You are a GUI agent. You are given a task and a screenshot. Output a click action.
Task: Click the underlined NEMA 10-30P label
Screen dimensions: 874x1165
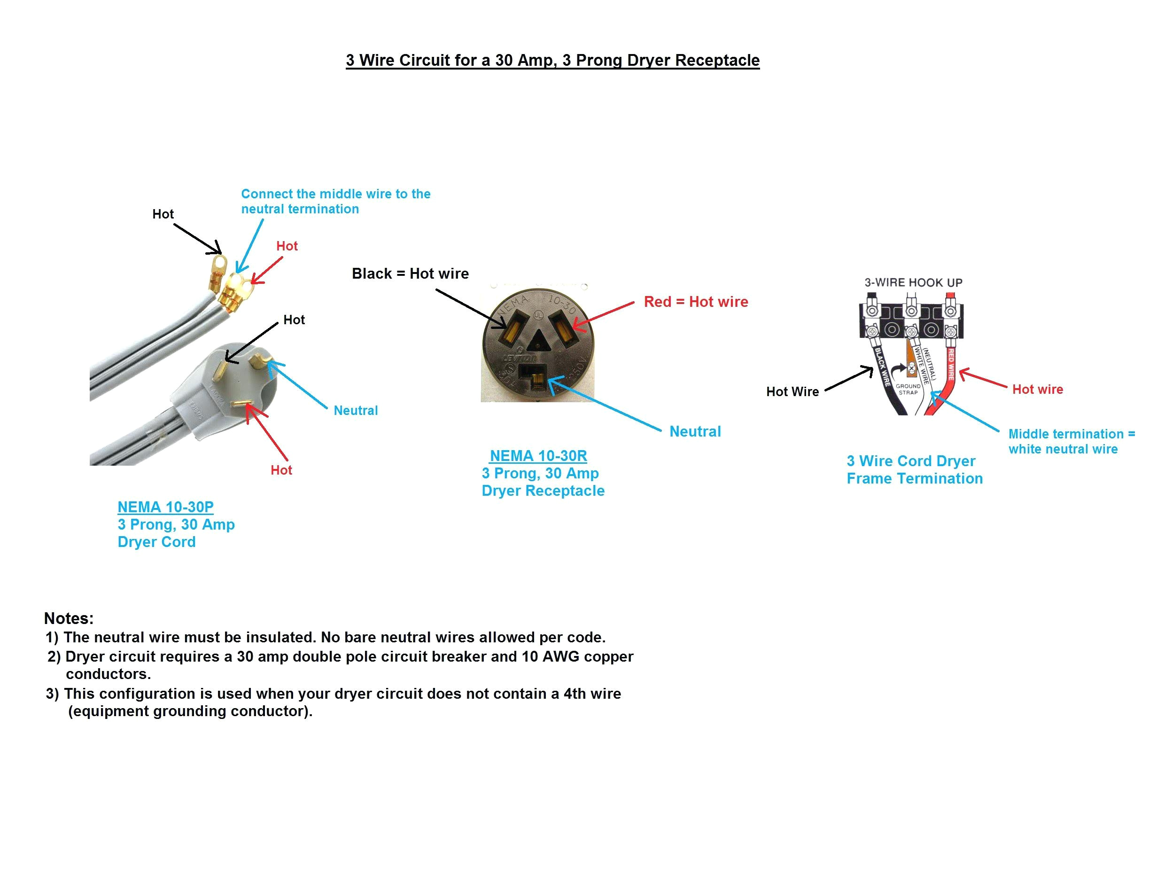tap(165, 507)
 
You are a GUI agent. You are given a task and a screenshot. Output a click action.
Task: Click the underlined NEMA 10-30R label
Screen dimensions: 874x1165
tap(538, 456)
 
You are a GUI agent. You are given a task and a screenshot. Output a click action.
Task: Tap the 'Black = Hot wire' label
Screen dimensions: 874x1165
tap(410, 273)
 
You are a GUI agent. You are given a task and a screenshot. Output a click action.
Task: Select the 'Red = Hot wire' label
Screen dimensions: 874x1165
tap(695, 302)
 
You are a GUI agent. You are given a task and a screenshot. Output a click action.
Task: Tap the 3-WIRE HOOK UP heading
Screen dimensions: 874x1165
tap(913, 282)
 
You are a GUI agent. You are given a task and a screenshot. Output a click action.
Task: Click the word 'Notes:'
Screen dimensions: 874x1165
tap(69, 618)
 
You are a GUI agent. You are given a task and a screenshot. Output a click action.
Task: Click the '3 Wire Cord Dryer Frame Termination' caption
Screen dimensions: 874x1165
tap(914, 469)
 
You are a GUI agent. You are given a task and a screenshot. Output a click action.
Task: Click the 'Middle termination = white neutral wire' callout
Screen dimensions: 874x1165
tap(1071, 442)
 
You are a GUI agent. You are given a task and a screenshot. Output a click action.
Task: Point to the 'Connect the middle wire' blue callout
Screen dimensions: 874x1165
tap(335, 201)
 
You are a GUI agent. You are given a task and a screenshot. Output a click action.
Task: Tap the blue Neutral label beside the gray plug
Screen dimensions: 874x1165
tap(356, 410)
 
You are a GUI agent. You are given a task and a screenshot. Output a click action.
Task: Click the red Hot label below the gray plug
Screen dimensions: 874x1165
tap(281, 470)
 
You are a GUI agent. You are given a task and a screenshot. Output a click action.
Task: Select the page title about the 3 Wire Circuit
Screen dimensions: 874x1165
tap(552, 60)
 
